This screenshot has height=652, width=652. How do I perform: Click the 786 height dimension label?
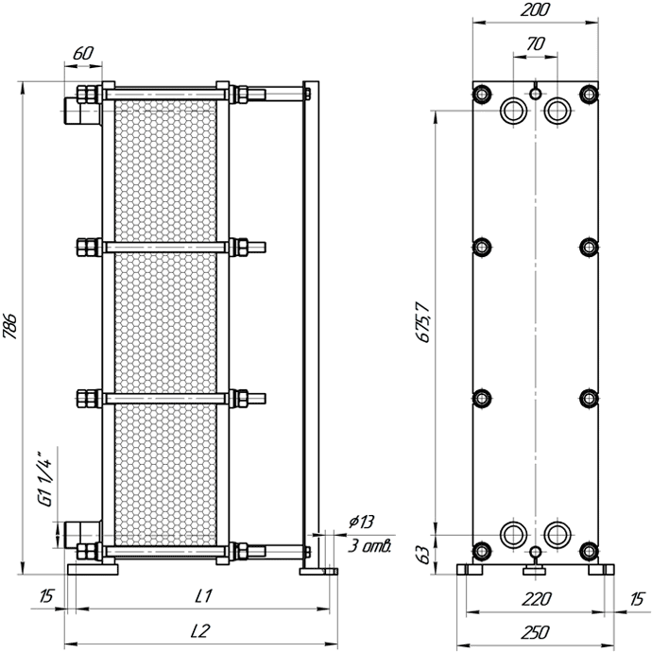coord(10,326)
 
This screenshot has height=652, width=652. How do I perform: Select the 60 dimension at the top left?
coord(83,53)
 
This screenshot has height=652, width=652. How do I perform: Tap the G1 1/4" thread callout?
coord(45,478)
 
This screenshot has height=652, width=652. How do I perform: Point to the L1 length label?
coord(204,596)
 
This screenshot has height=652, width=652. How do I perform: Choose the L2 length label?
coord(200,631)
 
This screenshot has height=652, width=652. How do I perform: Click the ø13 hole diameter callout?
coord(362,522)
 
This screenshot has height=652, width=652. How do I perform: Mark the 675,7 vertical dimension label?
coord(423,322)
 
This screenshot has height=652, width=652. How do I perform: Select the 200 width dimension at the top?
coord(535,9)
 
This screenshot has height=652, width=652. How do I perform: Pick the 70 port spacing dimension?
coord(536,43)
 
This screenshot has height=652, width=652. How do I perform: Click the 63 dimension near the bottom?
coord(423,555)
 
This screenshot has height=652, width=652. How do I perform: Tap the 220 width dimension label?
coord(536,599)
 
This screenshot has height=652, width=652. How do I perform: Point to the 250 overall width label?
coord(536,632)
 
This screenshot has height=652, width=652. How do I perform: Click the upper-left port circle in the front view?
coord(513,111)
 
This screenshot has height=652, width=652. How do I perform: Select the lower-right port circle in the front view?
coord(558,535)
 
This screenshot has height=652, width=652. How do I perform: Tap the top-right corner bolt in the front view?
coord(589,94)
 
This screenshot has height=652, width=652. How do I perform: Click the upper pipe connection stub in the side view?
coord(82,111)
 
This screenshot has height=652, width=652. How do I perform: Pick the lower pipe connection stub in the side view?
coord(82,535)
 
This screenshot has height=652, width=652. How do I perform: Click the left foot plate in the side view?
coord(93,569)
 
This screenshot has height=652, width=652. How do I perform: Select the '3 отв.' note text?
coord(369,545)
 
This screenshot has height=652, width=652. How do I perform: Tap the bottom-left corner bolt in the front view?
coord(482,551)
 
